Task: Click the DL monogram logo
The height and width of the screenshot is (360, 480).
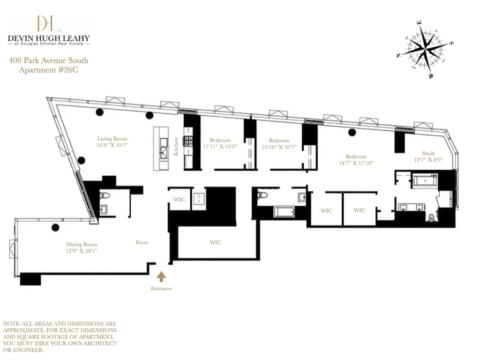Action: pos(49,23)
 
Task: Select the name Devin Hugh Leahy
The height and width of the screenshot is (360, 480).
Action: pos(49,38)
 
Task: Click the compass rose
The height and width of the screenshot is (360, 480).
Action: pos(425,48)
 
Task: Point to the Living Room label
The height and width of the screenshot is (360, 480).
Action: pos(112,139)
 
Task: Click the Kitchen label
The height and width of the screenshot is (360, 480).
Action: pos(176,146)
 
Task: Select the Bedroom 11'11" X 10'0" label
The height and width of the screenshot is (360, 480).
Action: pos(220,140)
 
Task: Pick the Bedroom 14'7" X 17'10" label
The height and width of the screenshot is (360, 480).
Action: pos(356,157)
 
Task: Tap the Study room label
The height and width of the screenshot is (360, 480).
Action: pos(428,153)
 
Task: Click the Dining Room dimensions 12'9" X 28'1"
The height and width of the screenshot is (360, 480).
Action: pos(82,251)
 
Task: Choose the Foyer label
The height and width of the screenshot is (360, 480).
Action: pos(142,242)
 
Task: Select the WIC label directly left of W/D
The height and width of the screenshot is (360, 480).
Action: pos(179,200)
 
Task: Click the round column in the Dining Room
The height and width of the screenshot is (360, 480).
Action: pos(55,228)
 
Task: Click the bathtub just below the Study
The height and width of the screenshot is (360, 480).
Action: pos(424,180)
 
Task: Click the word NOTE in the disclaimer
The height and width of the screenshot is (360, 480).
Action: pos(12,324)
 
